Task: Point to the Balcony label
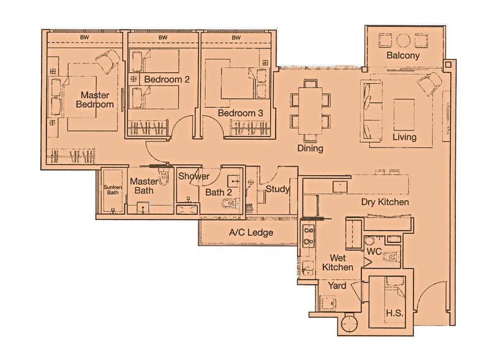click(403, 56)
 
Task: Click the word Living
click(404, 137)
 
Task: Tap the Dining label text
click(310, 148)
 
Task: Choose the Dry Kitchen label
click(385, 201)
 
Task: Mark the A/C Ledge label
click(251, 233)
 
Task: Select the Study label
click(277, 189)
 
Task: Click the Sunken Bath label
click(112, 189)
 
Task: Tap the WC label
click(374, 252)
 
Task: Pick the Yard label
click(337, 285)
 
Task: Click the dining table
click(310, 111)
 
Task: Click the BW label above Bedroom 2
click(163, 38)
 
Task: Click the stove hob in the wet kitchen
click(308, 235)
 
